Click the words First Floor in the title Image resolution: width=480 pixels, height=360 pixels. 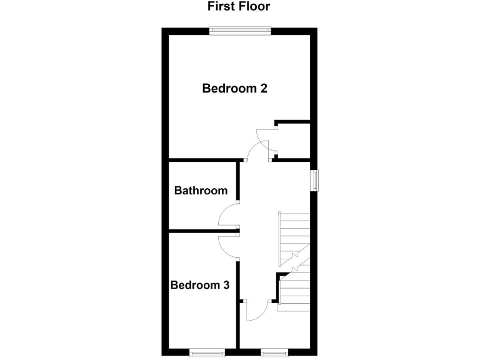click(239, 7)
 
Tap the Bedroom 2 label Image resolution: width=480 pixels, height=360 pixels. click(234, 88)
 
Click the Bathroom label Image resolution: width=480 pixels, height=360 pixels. click(201, 191)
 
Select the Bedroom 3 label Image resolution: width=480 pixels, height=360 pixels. click(200, 285)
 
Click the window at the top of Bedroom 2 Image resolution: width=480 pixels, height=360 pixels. click(240, 29)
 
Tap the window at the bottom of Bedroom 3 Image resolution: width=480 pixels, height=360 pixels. click(207, 352)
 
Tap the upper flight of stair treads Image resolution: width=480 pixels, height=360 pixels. click(294, 234)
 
